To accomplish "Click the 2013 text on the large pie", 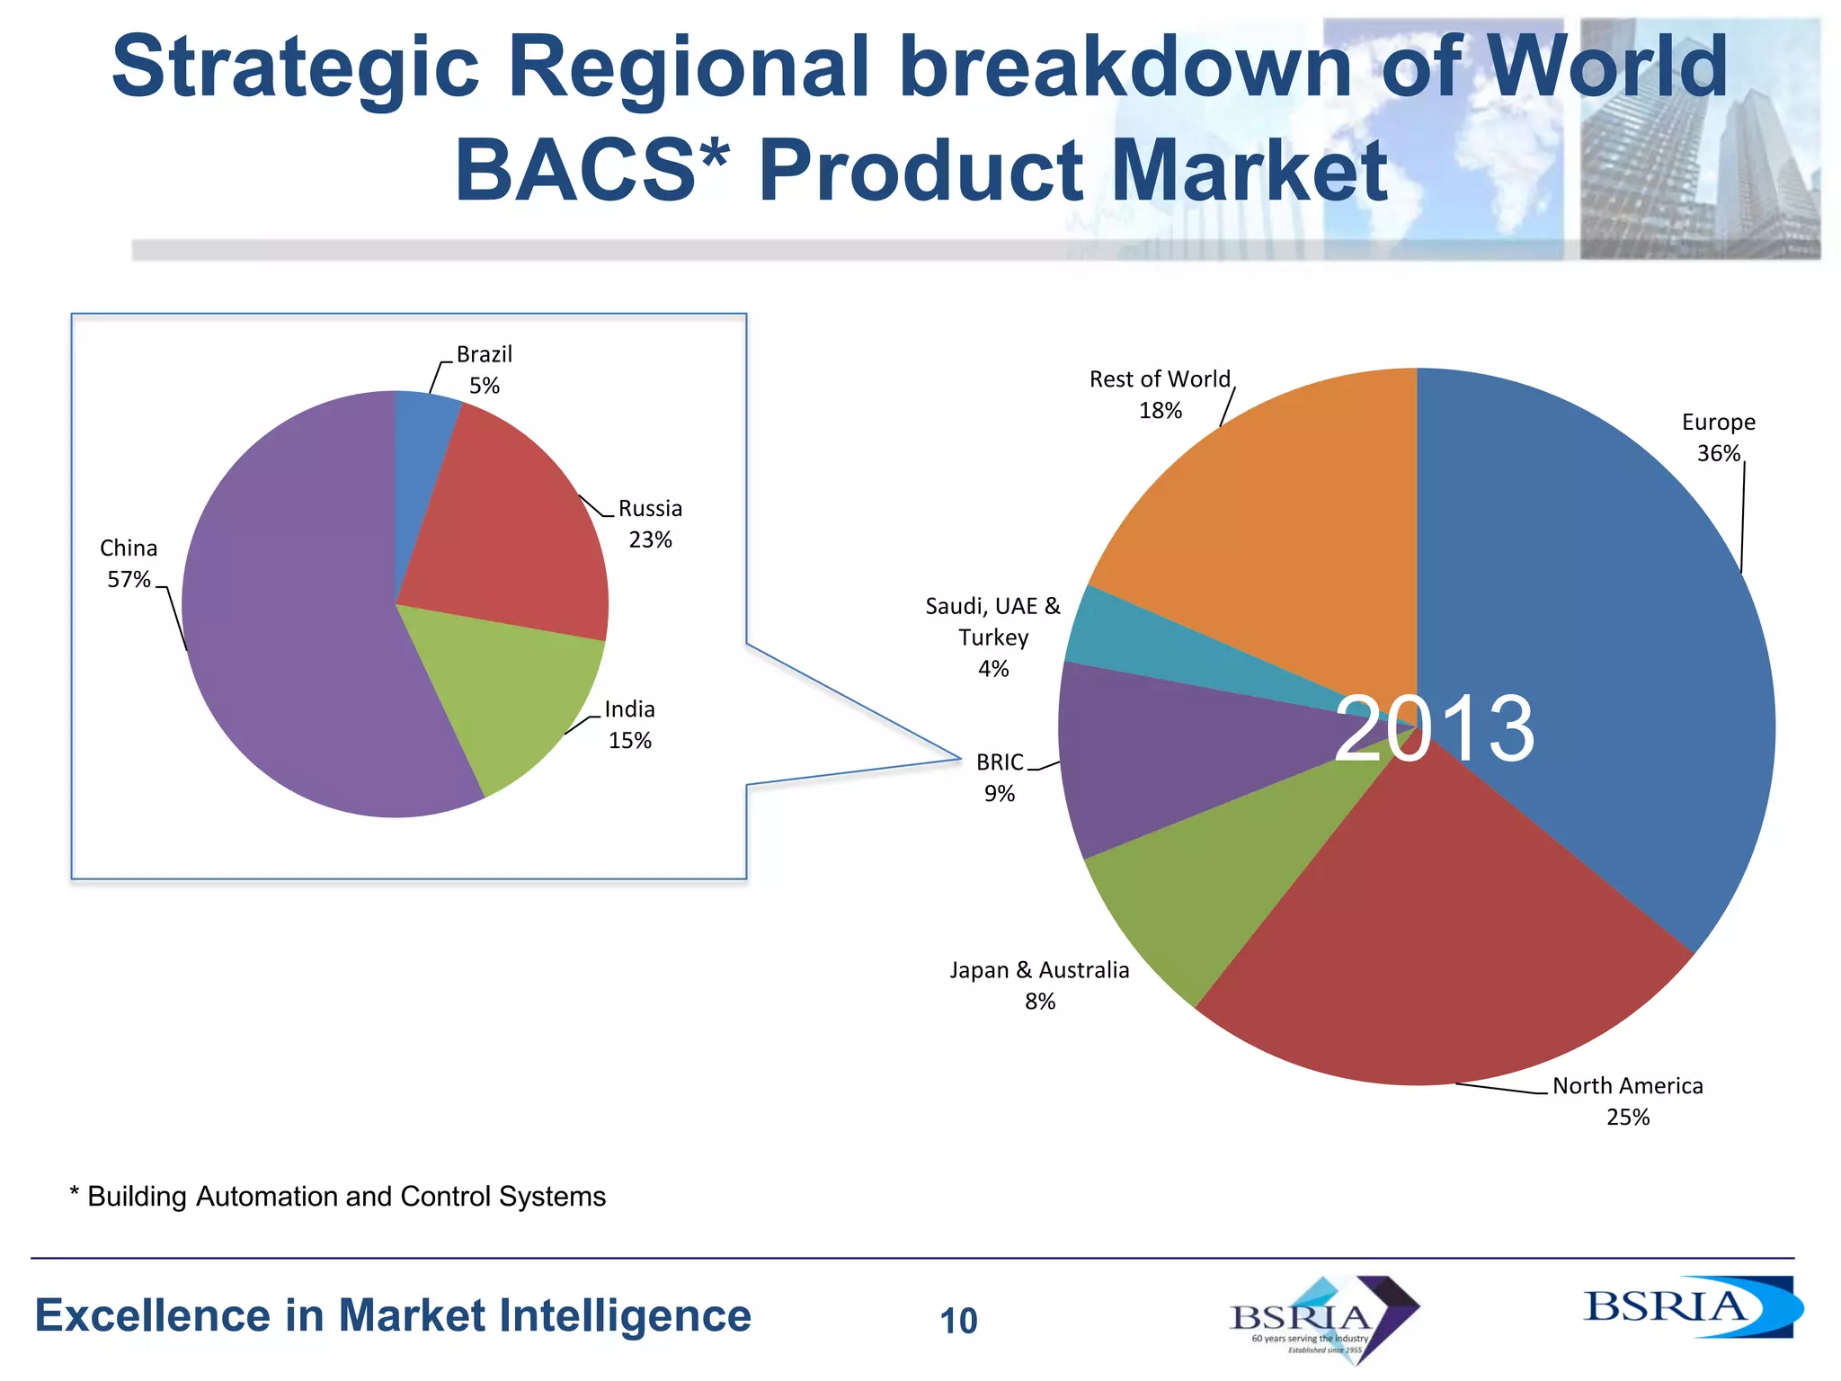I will [x=1435, y=728].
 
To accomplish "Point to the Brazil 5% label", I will [x=484, y=370].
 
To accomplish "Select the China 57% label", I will [x=129, y=564].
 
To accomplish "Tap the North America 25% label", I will [x=1627, y=1101].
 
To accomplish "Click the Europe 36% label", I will [x=1718, y=438].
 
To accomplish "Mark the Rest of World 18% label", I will [x=1160, y=395].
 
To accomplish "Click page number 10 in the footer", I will [x=958, y=1321].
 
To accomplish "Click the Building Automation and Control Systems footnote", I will [x=338, y=1197].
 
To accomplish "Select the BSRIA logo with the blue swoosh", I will [x=1690, y=1306].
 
